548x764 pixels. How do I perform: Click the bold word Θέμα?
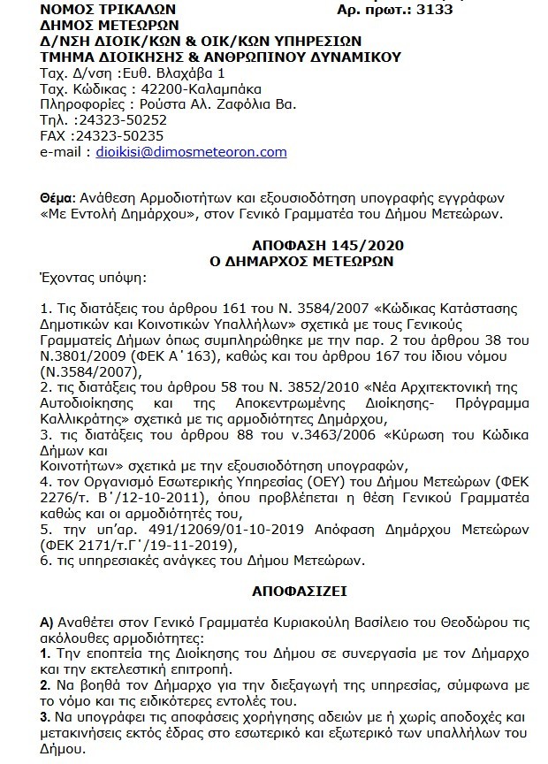58,196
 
